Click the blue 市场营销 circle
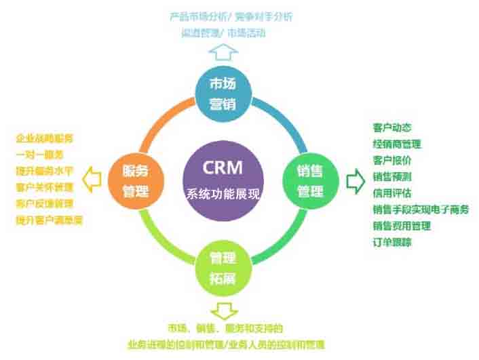tap(223, 94)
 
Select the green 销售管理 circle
tap(309, 180)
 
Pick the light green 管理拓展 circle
tap(223, 267)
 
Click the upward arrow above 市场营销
tap(223, 52)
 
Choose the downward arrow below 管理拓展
tap(223, 311)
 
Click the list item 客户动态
tap(391, 127)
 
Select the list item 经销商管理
tap(396, 144)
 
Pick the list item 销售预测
tap(391, 176)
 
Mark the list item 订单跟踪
tap(391, 241)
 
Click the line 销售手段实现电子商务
tap(420, 209)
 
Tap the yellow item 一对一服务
tap(39, 155)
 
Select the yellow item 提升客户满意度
tap(49, 220)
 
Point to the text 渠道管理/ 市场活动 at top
tap(223, 31)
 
